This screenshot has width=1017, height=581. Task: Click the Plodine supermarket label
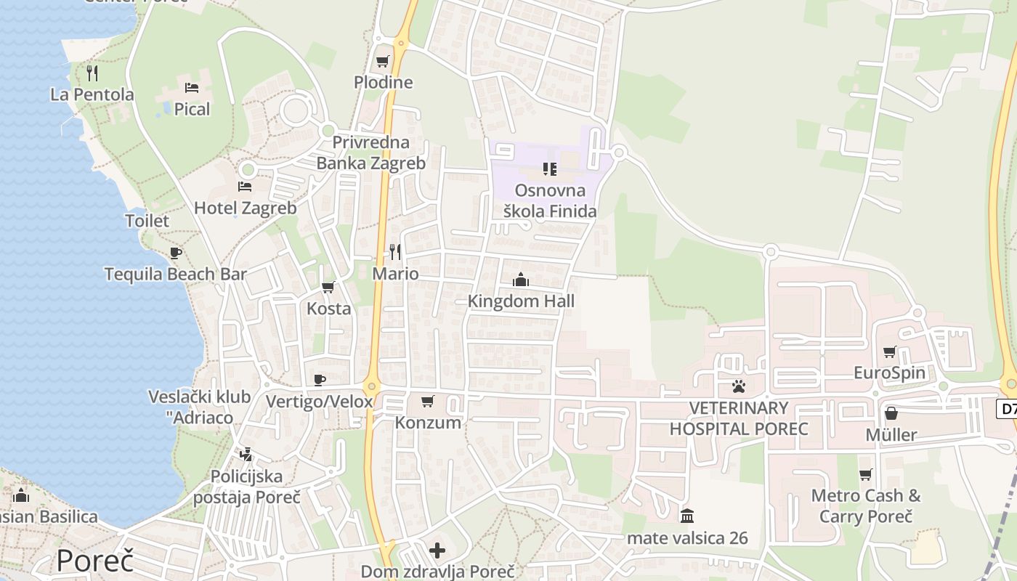[383, 82]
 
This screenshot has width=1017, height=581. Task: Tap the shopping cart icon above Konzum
[428, 401]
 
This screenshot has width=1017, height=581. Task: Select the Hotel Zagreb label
[245, 208]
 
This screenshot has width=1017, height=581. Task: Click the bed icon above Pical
[192, 88]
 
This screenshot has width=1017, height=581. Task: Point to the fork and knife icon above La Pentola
[92, 73]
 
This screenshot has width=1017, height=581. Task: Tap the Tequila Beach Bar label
[175, 274]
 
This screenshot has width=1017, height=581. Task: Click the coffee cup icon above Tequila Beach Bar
[175, 253]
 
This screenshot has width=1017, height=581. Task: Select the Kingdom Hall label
[521, 301]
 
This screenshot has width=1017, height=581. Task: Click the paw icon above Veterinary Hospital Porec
[739, 386]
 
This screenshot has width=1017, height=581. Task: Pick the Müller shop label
[891, 435]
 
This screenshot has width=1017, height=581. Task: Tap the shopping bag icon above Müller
[891, 413]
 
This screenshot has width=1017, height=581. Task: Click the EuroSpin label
[889, 373]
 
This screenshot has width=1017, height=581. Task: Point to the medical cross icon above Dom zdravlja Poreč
[437, 550]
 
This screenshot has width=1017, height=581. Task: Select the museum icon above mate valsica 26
[687, 516]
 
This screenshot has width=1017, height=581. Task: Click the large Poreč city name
[95, 561]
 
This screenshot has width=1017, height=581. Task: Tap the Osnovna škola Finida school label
[550, 201]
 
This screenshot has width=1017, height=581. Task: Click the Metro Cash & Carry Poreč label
[865, 506]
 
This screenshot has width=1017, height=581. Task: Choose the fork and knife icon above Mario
[395, 252]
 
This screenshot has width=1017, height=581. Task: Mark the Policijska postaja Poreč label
[246, 487]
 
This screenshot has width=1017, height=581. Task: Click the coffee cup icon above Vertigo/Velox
[319, 380]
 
